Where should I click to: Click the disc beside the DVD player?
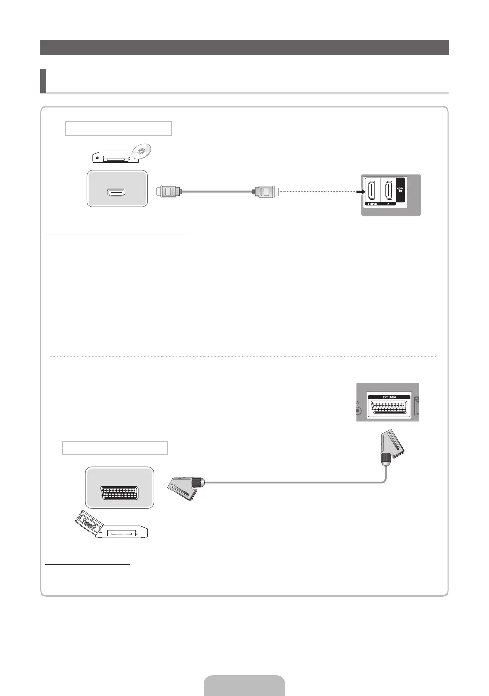point(141,151)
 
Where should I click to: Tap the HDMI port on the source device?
point(117,191)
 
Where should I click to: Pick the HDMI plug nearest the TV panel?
point(266,191)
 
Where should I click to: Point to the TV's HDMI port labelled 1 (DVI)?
point(371,191)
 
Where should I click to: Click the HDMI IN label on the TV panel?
point(400,189)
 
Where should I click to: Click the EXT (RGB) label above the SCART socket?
point(388,397)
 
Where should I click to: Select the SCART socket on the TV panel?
point(388,408)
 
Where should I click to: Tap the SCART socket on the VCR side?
point(119,492)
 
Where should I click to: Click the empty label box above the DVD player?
point(119,128)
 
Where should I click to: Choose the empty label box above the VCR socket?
point(115,448)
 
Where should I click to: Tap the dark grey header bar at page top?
point(244,47)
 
